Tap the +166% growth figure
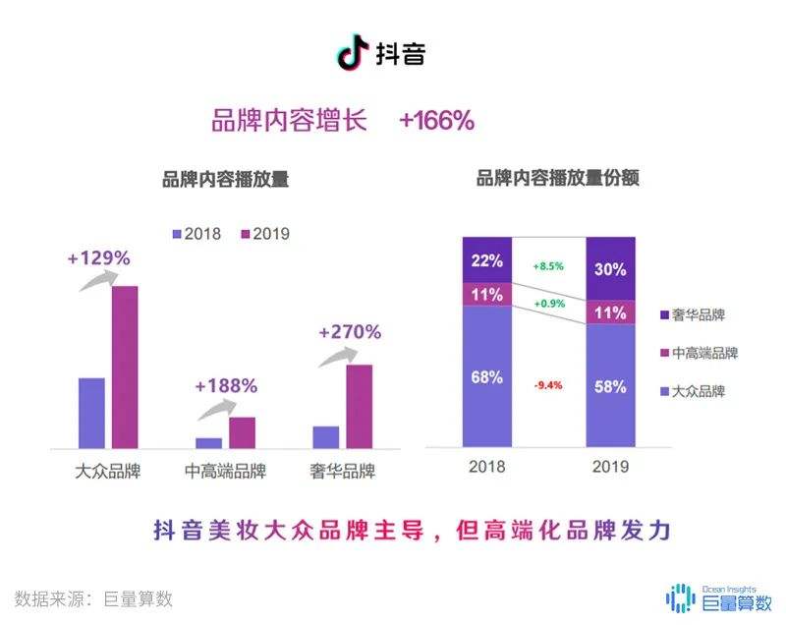(436, 121)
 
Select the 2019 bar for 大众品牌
(125, 366)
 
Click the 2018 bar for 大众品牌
(91, 412)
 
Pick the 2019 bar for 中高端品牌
(242, 431)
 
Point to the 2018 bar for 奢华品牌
(325, 435)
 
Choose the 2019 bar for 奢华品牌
(359, 405)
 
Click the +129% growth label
(98, 258)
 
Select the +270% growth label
(349, 332)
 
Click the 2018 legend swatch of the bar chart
(177, 234)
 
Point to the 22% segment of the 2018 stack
(487, 260)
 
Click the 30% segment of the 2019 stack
(610, 268)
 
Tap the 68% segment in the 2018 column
(487, 376)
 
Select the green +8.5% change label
(547, 266)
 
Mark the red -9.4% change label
(547, 385)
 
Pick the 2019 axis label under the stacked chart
(610, 467)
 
